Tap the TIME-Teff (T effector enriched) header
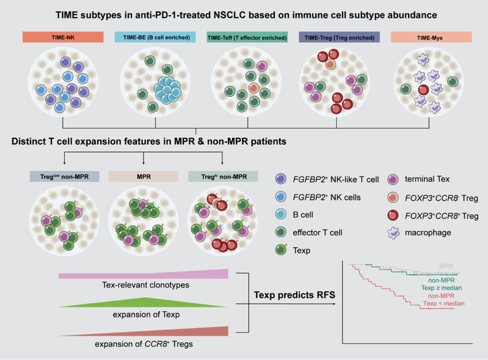point(249,38)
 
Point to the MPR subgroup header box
point(142,176)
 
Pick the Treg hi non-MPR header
point(222,176)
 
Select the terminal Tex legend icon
point(393,179)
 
